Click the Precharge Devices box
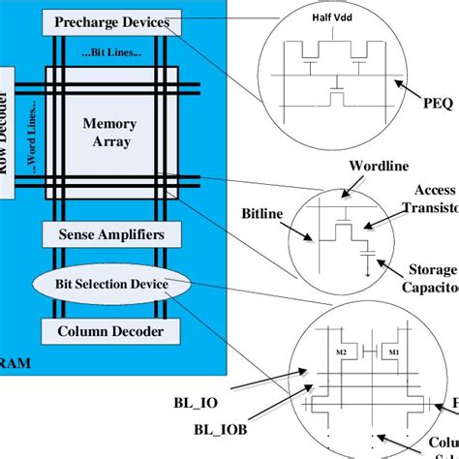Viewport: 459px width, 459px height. [x=112, y=21]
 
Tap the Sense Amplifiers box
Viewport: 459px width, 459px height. [x=112, y=233]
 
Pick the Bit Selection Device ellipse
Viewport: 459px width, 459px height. [x=112, y=284]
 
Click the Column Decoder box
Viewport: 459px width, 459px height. [x=112, y=332]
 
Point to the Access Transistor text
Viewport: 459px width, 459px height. [x=436, y=199]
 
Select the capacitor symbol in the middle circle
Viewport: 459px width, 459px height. [x=366, y=254]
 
